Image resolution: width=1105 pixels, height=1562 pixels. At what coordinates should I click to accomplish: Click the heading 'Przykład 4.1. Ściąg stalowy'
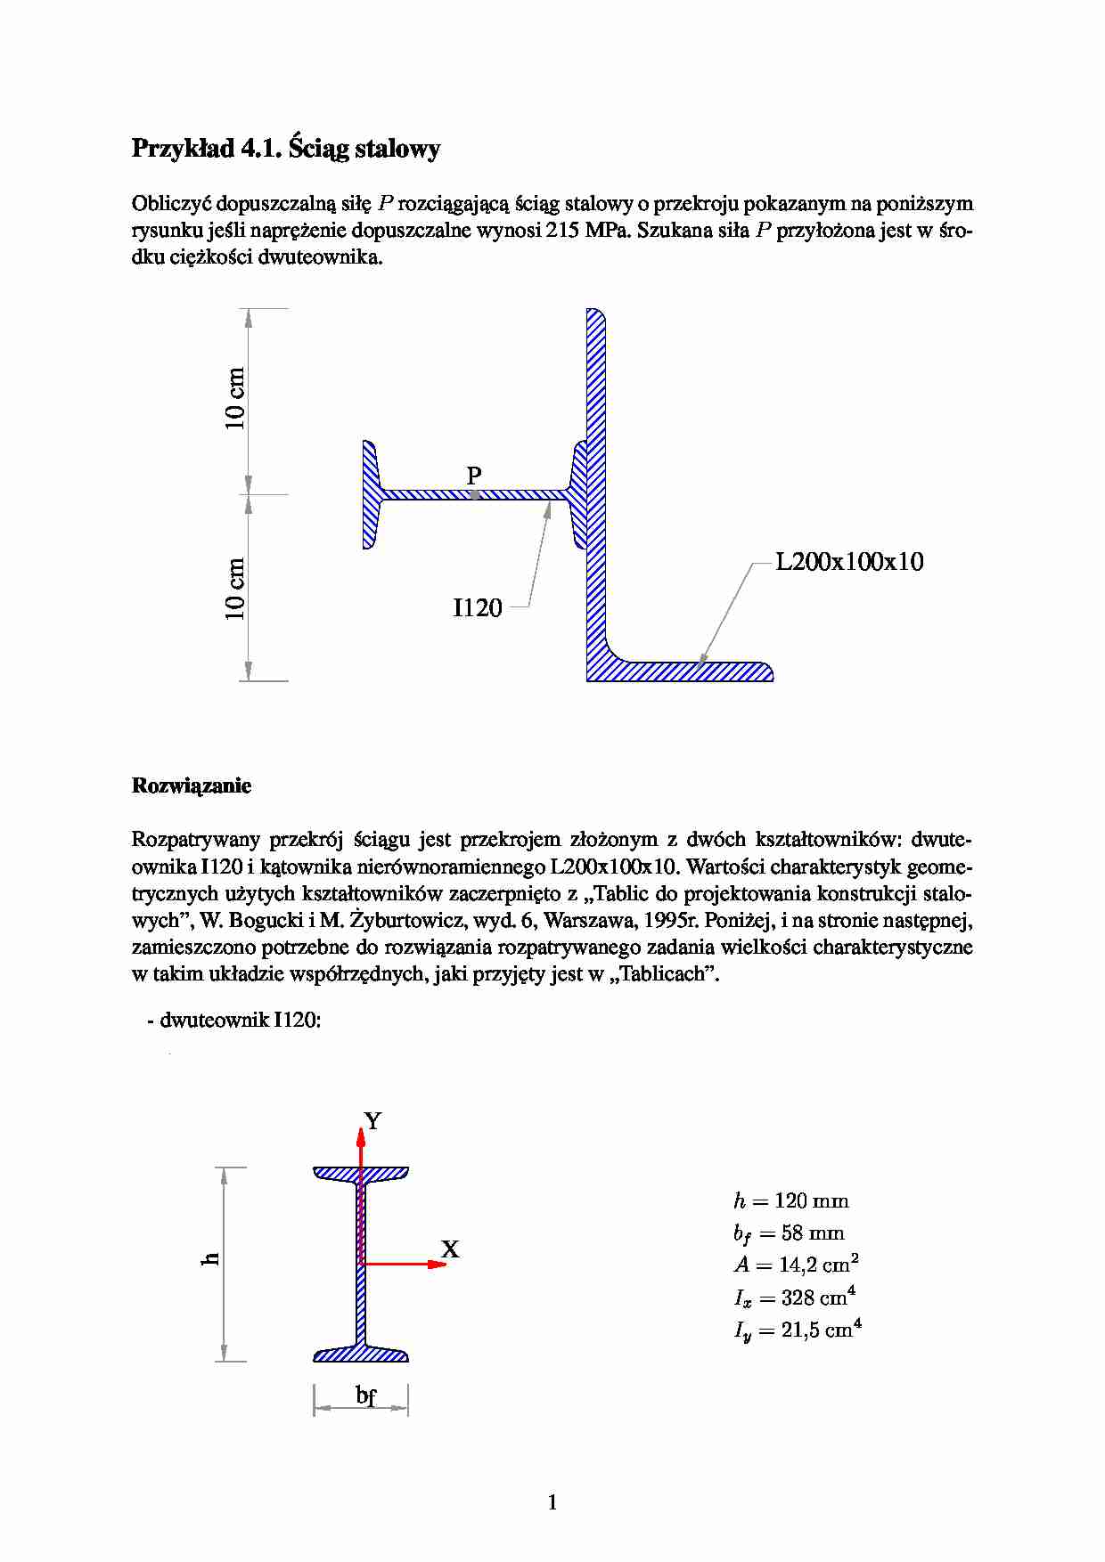coord(285,148)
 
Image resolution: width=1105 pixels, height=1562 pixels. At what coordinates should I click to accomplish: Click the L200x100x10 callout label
coord(849,562)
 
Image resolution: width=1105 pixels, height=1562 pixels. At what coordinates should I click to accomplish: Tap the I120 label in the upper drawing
coord(478,608)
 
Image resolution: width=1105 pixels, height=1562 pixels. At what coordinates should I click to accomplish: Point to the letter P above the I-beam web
coord(474,476)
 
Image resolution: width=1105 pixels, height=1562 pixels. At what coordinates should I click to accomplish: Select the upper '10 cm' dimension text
coord(234,399)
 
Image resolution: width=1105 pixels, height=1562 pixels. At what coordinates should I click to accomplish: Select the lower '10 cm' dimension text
coord(234,589)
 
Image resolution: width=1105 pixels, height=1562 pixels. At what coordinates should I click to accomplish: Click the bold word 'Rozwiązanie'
coord(192,785)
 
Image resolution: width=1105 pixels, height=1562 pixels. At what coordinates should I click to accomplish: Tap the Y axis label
coord(372,1121)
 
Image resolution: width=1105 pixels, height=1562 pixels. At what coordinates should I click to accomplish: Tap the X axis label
coord(450,1249)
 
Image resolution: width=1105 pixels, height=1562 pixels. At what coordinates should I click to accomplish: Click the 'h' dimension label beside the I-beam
coord(210,1258)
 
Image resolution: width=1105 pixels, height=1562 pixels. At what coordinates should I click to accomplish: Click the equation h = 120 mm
coord(790,1201)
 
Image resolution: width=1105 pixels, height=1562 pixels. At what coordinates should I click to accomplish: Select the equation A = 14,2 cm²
coord(796,1265)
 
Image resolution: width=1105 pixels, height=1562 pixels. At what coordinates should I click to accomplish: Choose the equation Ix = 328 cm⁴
coord(794,1298)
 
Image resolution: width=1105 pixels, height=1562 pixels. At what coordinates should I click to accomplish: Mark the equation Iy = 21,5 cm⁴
coord(797,1330)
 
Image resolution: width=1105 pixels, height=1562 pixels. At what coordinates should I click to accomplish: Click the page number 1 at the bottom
coord(552,1502)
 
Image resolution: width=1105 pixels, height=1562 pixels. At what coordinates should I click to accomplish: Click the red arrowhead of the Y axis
coord(361,1135)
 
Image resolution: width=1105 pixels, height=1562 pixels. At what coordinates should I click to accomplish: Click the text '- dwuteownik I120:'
coord(234,1021)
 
